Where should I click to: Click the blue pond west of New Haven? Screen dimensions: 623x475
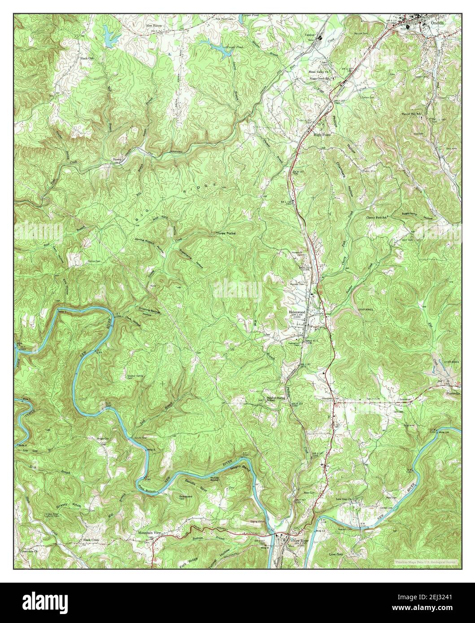[109, 32]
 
